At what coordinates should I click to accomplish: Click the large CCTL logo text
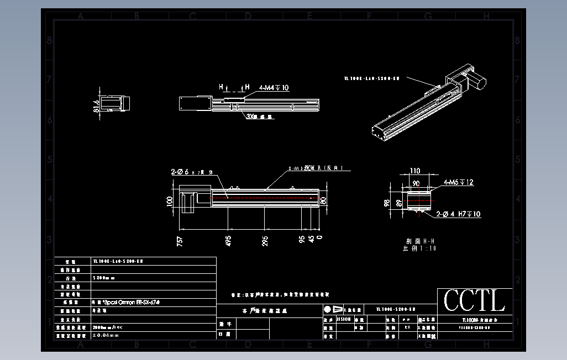click(474, 301)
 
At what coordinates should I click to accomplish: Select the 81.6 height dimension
click(97, 105)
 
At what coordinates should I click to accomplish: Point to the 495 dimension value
click(228, 240)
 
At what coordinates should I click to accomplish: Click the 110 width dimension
click(414, 171)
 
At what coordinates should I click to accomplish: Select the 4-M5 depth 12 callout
click(458, 183)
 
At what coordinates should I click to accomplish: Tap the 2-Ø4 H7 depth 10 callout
click(458, 214)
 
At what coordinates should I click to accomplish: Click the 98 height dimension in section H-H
click(387, 203)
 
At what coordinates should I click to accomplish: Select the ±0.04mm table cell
click(106, 335)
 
